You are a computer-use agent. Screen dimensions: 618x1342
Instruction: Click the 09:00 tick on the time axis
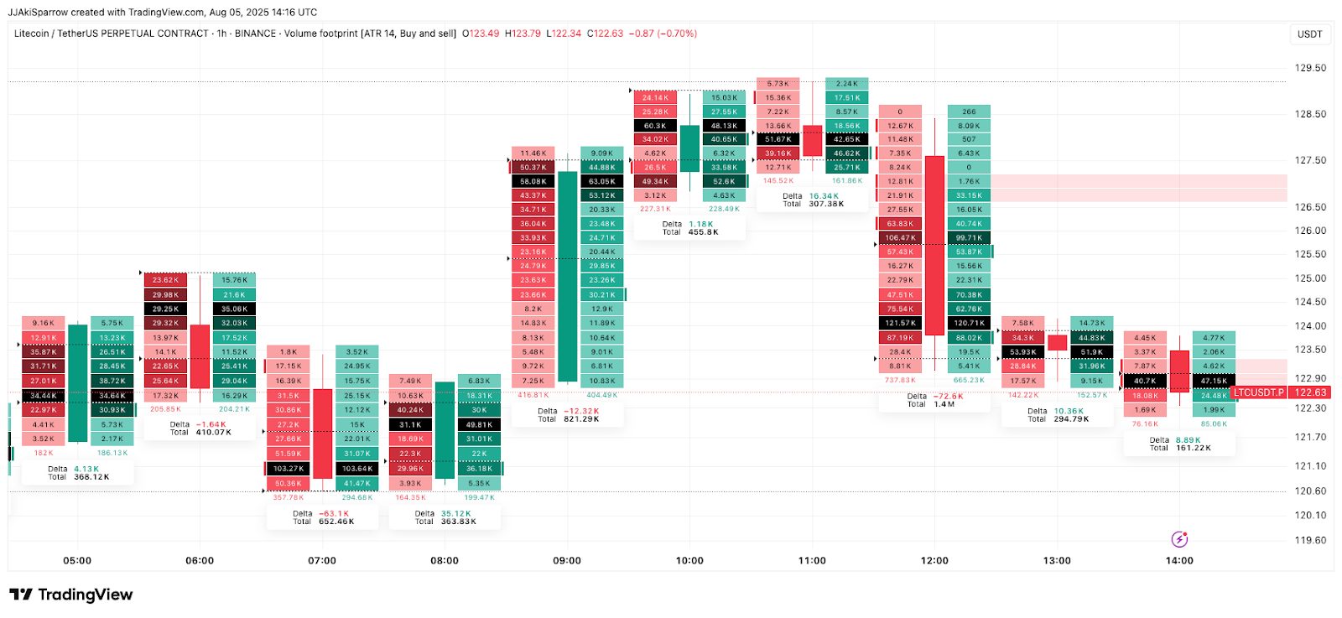567,560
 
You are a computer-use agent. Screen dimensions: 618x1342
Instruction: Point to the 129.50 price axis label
1310,68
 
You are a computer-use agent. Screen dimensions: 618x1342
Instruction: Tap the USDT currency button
1309,34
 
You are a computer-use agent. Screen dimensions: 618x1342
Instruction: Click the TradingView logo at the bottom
71,595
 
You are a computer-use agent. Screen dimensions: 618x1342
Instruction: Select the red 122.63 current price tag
1310,392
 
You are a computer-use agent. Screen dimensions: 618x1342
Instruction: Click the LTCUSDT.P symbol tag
1258,392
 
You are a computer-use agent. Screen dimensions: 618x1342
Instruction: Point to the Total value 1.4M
944,404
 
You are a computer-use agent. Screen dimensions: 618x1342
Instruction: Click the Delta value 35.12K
455,514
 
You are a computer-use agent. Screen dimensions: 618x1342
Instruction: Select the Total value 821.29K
580,418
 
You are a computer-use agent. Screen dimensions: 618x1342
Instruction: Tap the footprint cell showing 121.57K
900,323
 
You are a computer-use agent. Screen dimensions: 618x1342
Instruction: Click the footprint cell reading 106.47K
900,238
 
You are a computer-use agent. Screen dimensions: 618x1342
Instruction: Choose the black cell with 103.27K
288,469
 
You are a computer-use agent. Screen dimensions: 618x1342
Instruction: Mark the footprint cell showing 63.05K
601,181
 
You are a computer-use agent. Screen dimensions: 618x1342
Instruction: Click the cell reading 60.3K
655,126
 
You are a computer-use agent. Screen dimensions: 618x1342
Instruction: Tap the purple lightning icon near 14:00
1179,539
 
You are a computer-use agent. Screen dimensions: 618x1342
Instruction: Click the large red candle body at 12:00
934,245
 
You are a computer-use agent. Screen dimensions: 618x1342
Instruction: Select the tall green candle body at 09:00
568,277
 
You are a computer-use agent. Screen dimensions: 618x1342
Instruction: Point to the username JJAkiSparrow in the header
38,12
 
